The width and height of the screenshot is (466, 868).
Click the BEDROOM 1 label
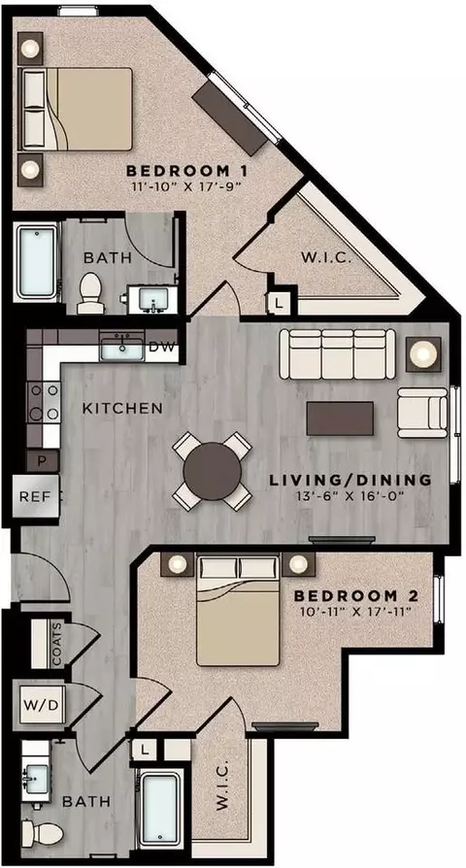[x=186, y=170]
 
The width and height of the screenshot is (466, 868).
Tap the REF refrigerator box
[x=35, y=496]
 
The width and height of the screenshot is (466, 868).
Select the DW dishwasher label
[x=162, y=348]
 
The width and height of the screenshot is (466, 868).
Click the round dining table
[x=213, y=471]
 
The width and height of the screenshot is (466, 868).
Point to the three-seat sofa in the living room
[x=337, y=354]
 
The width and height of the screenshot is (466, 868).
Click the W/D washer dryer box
[x=43, y=705]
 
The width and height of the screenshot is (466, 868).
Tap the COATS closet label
[x=56, y=645]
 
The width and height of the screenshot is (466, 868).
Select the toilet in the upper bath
[x=89, y=292]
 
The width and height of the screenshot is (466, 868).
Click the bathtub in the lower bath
[x=159, y=809]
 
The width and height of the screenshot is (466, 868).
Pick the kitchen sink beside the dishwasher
[x=121, y=348]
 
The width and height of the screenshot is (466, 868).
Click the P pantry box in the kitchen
[x=42, y=460]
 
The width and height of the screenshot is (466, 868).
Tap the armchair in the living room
[x=422, y=413]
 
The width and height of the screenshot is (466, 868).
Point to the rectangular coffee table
[x=340, y=418]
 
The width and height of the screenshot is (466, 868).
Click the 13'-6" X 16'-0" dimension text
[x=349, y=494]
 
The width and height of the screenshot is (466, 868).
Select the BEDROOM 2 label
[x=355, y=596]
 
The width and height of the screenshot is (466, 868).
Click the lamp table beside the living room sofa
[x=424, y=353]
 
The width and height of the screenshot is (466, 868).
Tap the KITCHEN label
[x=122, y=409]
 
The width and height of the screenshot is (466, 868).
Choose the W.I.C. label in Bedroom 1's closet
[x=326, y=258]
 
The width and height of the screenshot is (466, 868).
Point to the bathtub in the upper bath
[x=36, y=261]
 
